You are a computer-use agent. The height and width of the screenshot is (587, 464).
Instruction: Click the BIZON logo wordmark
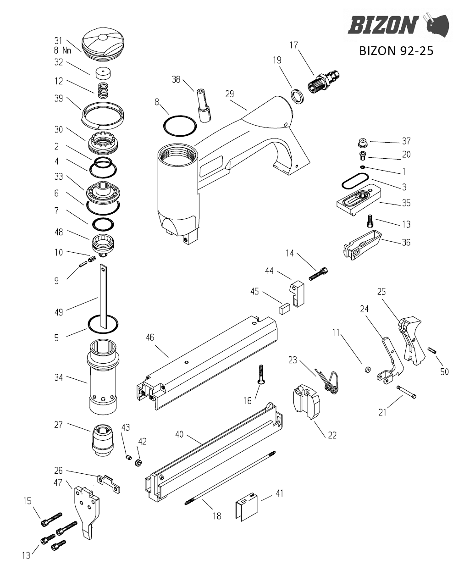pos(383,25)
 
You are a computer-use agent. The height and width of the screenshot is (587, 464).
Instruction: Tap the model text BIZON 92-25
pos(396,51)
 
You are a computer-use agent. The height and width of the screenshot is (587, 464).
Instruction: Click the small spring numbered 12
pos(103,90)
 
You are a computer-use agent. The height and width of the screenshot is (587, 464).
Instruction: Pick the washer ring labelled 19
pos(296,96)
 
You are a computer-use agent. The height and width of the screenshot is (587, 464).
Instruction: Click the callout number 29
pos(230,94)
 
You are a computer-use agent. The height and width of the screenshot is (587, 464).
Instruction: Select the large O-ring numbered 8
pos(180,126)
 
